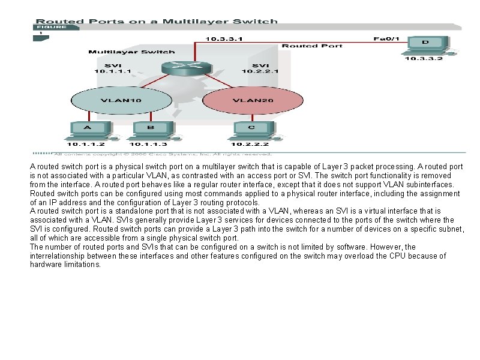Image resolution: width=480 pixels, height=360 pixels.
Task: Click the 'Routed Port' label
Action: pyautogui.click(x=312, y=46)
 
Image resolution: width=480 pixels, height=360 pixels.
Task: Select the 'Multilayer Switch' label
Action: pyautogui.click(x=132, y=52)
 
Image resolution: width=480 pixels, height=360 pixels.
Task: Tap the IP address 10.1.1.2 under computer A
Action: pyautogui.click(x=86, y=144)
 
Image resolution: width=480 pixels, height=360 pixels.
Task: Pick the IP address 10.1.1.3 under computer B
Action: pyautogui.click(x=148, y=144)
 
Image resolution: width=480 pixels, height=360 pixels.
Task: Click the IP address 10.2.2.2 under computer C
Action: pyautogui.click(x=250, y=144)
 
